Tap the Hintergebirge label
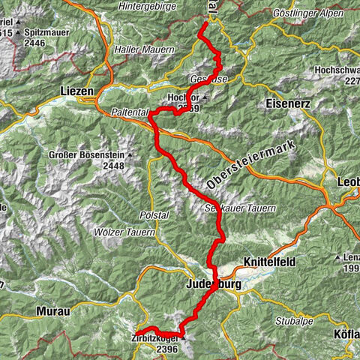coord(146,7)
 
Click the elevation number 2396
coord(166,349)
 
